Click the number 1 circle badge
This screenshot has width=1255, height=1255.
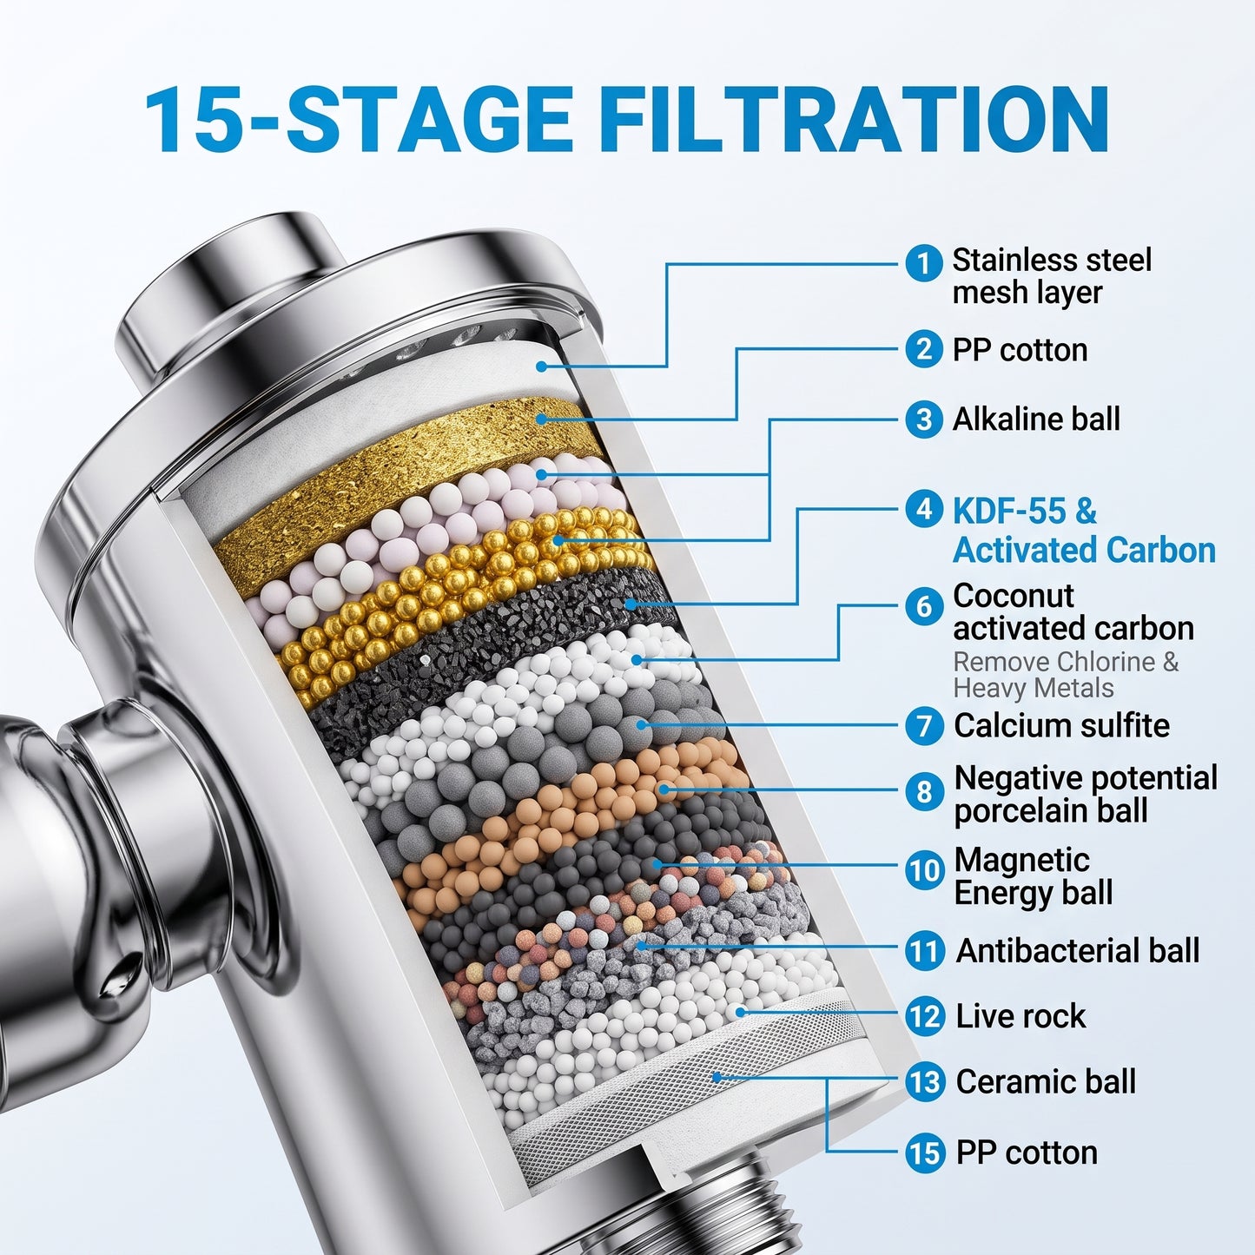(923, 264)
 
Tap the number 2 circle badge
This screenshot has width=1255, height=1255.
(923, 350)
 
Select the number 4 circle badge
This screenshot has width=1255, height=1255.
(923, 510)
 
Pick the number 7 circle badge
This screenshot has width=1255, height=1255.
(923, 726)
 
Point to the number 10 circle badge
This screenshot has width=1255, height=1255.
(923, 869)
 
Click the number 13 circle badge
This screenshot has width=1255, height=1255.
(923, 1082)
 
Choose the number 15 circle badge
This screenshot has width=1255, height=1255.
(923, 1153)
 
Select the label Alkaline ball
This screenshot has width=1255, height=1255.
(1036, 419)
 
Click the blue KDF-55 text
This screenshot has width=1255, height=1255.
(1025, 511)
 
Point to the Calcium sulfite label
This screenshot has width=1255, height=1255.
(1061, 725)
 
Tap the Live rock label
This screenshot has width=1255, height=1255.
(1021, 1016)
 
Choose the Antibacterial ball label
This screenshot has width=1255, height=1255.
(1077, 950)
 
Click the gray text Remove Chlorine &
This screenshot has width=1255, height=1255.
(1067, 662)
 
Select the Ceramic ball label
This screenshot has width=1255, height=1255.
(1046, 1082)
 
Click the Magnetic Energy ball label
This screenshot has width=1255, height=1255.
(1034, 876)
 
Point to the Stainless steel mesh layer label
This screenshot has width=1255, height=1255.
(1052, 275)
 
